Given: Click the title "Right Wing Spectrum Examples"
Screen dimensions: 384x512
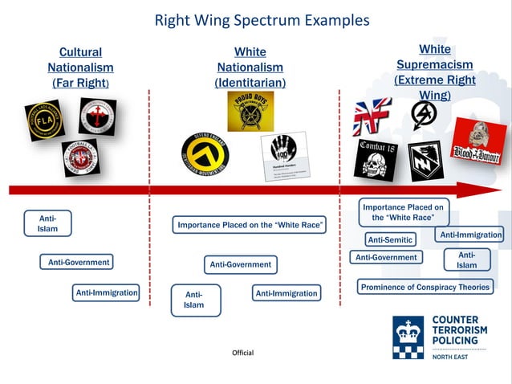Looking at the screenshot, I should pyautogui.click(x=262, y=20).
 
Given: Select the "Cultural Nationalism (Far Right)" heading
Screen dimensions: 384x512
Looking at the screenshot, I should pyautogui.click(x=80, y=67).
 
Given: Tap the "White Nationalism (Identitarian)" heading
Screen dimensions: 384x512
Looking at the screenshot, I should pyautogui.click(x=250, y=67).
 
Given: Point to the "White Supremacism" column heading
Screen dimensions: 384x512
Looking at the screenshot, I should pyautogui.click(x=434, y=64).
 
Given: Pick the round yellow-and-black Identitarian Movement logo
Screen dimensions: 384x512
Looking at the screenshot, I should pyautogui.click(x=205, y=153).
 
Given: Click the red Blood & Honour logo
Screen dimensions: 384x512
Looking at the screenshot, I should pyautogui.click(x=477, y=141).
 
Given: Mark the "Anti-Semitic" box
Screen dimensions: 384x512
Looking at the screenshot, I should pyautogui.click(x=390, y=239).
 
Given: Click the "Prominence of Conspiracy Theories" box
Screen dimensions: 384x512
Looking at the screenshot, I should pyautogui.click(x=425, y=287).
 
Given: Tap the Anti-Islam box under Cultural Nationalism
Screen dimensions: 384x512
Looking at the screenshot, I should pyautogui.click(x=47, y=223).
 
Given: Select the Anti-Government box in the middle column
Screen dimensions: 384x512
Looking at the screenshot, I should pyautogui.click(x=240, y=264).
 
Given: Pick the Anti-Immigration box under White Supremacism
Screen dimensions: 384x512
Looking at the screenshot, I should pyautogui.click(x=470, y=235).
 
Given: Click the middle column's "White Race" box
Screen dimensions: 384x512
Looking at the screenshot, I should pyautogui.click(x=250, y=225).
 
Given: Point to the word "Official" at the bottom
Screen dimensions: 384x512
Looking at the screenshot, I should pyautogui.click(x=242, y=353).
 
